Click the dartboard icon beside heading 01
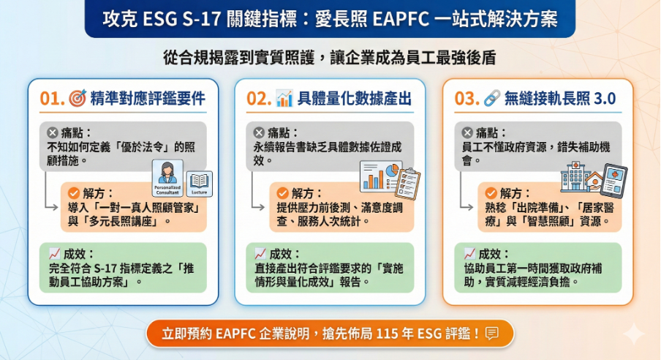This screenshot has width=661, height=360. [x=77, y=99]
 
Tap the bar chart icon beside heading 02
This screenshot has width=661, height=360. [x=284, y=99]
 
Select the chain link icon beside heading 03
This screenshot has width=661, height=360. [x=492, y=99]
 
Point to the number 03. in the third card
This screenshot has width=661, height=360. [x=467, y=99]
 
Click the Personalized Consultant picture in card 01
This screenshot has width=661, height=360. [x=167, y=179]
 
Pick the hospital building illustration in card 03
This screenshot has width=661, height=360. [x=573, y=176]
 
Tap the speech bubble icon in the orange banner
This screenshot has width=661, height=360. [x=492, y=333]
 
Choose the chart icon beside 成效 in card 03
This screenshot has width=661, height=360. [x=469, y=254]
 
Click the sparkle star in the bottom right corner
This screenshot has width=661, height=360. [x=634, y=334]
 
